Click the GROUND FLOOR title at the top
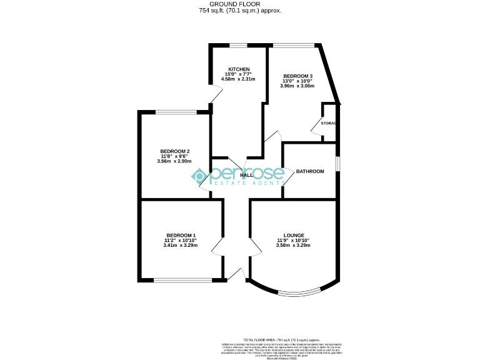[239, 4]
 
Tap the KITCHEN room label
[239, 69]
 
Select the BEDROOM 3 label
[297, 76]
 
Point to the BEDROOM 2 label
[174, 151]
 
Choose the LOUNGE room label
[293, 235]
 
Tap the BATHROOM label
[310, 171]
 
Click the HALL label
[246, 176]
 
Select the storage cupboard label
[329, 123]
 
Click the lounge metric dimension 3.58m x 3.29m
[293, 246]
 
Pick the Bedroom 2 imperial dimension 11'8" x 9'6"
[174, 156]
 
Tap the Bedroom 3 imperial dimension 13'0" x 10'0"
[297, 81]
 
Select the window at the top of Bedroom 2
[176, 112]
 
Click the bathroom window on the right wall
[337, 162]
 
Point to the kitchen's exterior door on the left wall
[216, 96]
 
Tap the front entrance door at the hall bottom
[236, 274]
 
